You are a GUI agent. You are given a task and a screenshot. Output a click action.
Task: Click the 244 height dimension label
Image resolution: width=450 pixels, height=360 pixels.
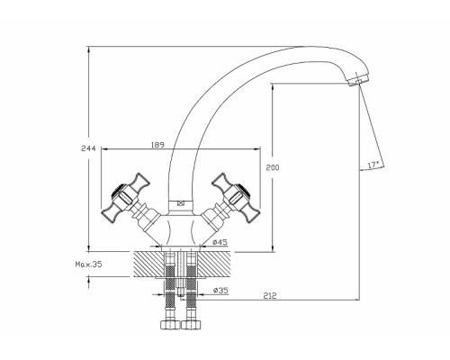pos(88,148)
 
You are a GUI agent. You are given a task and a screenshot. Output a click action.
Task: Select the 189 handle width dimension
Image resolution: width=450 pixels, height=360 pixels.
pos(157,145)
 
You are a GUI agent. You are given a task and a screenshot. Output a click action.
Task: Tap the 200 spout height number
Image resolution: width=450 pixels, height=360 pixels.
pos(273,167)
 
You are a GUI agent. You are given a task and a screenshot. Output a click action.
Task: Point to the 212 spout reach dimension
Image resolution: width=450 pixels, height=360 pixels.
pos(270,296)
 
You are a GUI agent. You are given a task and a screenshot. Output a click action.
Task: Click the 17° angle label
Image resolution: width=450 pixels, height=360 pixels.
pos(373,165)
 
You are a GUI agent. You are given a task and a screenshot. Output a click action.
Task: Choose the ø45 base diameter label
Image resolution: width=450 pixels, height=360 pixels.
pos(220,242)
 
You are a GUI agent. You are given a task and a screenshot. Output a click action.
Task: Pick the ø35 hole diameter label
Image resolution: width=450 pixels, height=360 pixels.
pos(220,291)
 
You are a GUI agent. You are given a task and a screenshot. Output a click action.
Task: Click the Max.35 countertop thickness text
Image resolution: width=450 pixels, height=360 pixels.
pos(88,265)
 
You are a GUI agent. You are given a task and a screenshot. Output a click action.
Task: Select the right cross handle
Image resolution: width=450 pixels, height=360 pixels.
pos(237,197)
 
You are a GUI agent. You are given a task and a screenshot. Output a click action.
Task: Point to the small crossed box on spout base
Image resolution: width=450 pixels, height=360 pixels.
pos(181,203)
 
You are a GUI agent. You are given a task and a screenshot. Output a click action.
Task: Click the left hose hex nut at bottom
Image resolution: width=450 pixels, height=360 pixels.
pos(170,325)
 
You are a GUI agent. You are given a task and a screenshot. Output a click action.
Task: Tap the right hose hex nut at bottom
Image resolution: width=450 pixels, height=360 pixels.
pos(191,325)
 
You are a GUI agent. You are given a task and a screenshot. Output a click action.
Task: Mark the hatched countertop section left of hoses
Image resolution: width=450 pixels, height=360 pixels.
pos(149,265)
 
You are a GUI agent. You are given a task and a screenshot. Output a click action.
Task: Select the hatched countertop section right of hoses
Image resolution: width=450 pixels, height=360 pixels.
pos(213,265)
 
